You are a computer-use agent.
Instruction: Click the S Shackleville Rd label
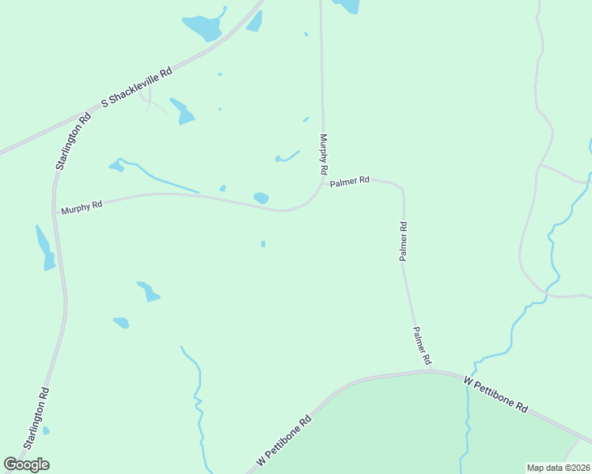[137, 88]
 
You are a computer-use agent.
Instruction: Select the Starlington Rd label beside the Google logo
[37, 419]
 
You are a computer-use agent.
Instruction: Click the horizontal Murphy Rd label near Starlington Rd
[82, 207]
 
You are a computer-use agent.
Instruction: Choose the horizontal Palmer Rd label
[350, 181]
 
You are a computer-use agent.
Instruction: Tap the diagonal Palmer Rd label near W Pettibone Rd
[421, 345]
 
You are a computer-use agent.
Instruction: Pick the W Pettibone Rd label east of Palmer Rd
[496, 394]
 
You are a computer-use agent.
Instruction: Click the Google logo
[26, 465]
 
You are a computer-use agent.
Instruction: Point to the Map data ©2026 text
[557, 468]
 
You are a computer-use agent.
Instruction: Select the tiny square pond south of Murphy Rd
[263, 244]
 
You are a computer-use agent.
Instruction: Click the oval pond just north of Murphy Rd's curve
[260, 197]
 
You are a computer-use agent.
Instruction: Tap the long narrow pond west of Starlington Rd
[44, 248]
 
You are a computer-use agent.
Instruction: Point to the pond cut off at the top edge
[347, 6]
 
